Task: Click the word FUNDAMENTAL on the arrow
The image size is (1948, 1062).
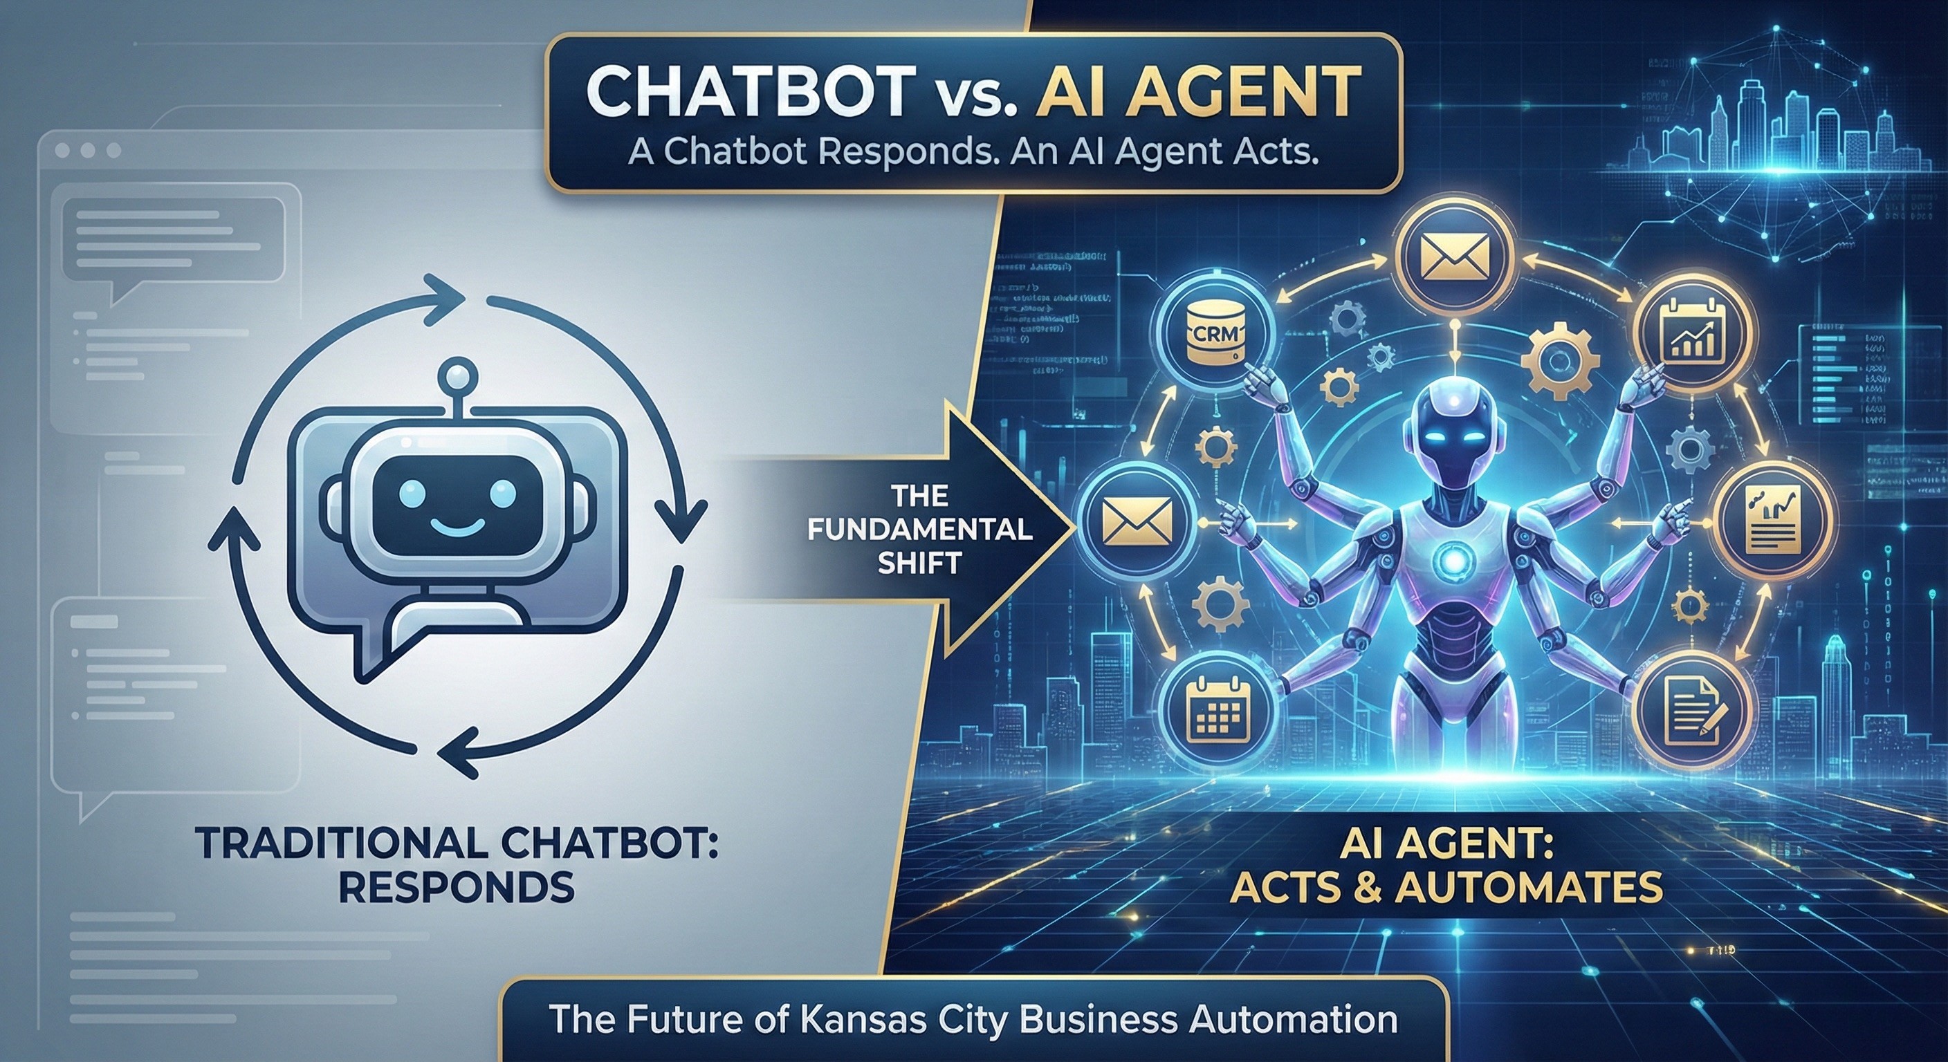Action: coord(919,530)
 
